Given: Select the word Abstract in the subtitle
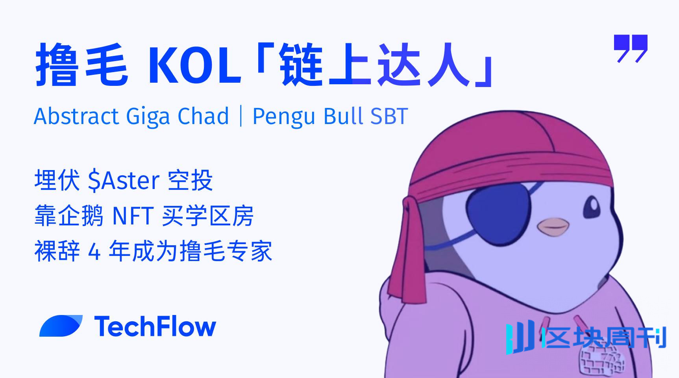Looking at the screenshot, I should coord(76,116).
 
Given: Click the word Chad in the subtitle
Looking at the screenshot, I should coord(203,116).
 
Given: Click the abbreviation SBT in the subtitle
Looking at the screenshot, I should coord(388,116).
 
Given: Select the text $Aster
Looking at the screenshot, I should coord(123,181).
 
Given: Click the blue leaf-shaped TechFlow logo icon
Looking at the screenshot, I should coord(61,326).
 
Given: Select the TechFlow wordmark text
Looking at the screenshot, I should coord(155,326).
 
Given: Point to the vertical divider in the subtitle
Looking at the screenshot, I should coord(241,116).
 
